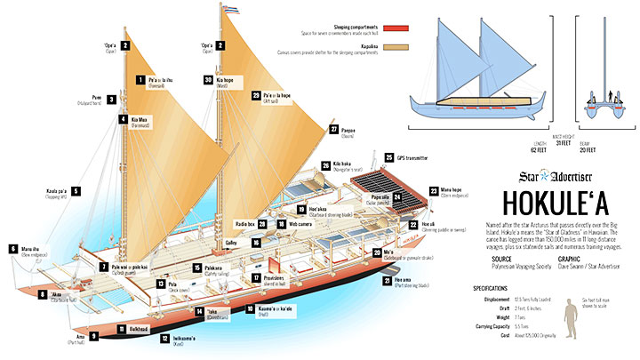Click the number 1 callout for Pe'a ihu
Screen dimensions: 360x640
140,79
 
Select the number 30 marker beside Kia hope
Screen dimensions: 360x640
207,79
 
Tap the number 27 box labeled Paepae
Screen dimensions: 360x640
334,129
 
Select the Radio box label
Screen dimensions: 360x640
245,223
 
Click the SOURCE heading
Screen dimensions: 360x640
501,259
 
